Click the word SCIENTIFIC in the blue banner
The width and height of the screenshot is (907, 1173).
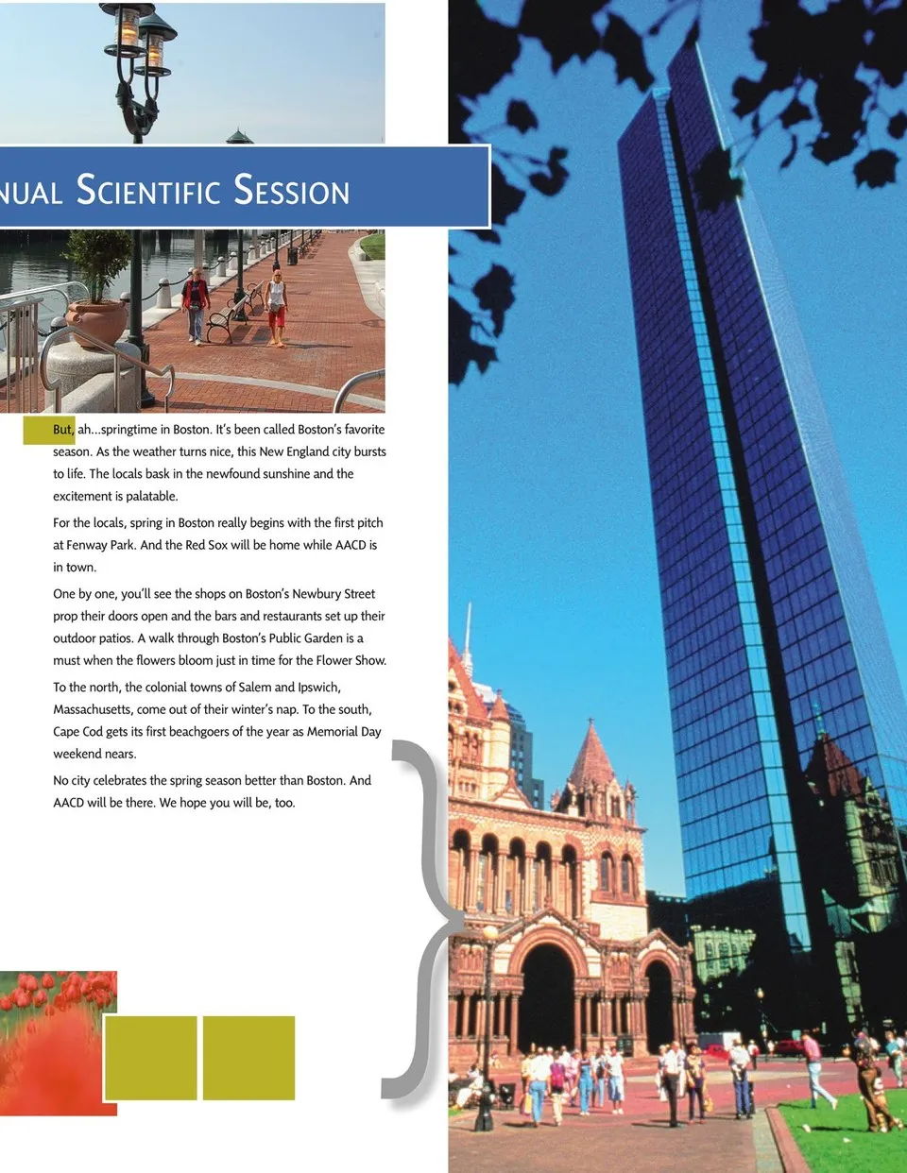[x=148, y=190]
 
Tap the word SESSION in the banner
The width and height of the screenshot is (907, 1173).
[x=291, y=190]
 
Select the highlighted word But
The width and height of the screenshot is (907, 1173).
[x=62, y=430]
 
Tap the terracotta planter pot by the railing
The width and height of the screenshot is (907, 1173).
[x=95, y=322]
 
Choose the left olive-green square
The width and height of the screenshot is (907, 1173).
[x=151, y=1058]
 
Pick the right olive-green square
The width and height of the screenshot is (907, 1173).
[x=248, y=1058]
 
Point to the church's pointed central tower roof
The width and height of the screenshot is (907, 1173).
[x=592, y=756]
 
